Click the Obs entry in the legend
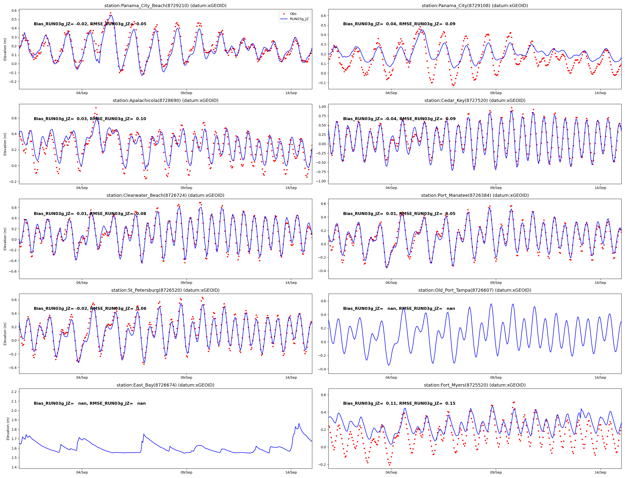tap(293, 14)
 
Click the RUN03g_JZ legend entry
tap(299, 19)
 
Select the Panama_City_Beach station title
tap(165, 6)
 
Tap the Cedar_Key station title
tap(475, 101)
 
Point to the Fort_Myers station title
tap(475, 385)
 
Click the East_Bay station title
tap(165, 385)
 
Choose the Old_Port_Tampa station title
tap(475, 290)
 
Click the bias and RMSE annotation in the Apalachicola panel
tap(90, 119)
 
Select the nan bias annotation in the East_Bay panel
tap(90, 403)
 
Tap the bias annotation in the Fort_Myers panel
tap(399, 403)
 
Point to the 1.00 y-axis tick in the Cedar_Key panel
tap(322, 107)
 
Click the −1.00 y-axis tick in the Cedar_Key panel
tap(321, 181)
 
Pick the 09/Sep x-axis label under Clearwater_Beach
tap(186, 283)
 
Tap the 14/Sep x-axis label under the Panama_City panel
tap(600, 93)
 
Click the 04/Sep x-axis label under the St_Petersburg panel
tap(82, 377)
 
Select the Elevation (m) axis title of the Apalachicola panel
tap(5, 144)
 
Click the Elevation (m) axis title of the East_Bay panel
tap(8, 428)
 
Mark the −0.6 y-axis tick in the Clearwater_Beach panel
tap(13, 271)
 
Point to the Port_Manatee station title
tap(475, 195)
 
